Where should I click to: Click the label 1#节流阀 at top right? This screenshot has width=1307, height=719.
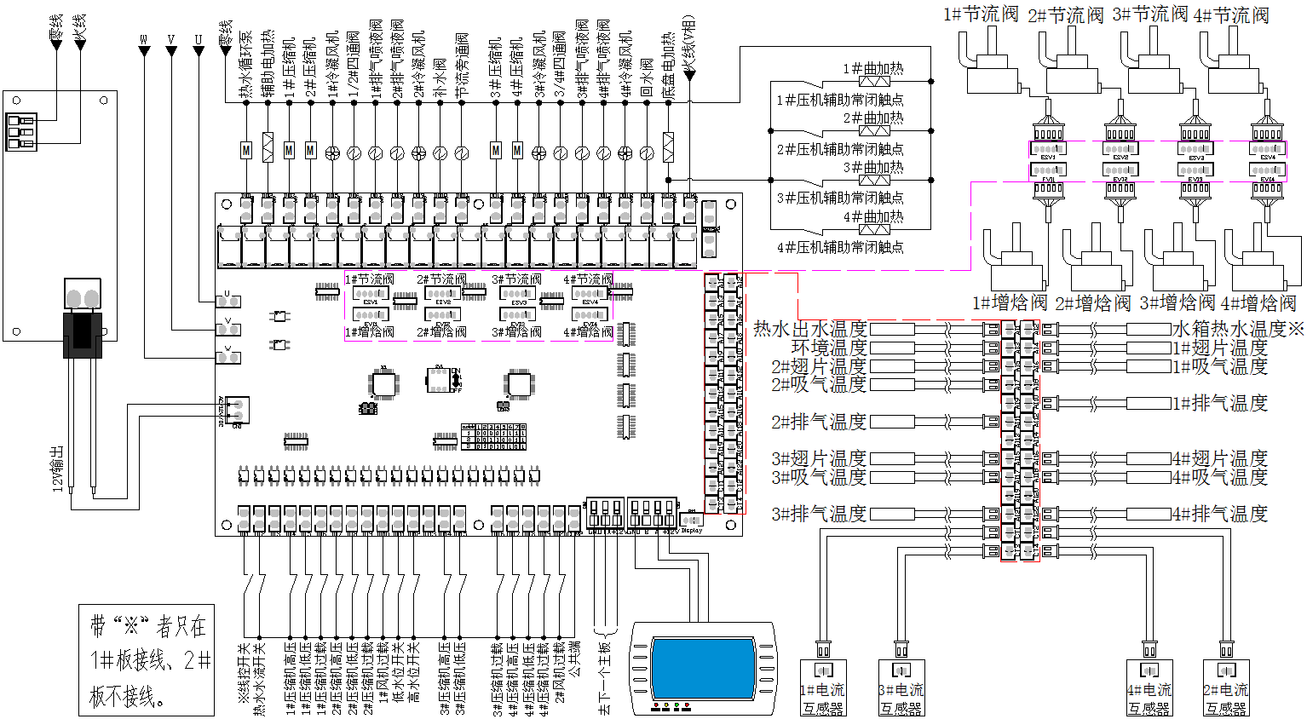point(981,14)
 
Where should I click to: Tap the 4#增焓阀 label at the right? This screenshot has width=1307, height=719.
point(1258,303)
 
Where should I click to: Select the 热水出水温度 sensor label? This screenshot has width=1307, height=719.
point(810,329)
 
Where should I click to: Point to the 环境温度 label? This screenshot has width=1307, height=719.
point(829,348)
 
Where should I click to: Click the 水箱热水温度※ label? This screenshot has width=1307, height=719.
point(1238,329)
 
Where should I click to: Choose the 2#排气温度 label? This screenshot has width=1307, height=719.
point(819,422)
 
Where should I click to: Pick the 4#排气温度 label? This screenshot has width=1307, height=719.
point(1220,514)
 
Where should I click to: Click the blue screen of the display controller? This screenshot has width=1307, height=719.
point(703,669)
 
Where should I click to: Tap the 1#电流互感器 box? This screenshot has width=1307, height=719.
point(823,688)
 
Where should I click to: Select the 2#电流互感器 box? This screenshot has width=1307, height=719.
point(1226,688)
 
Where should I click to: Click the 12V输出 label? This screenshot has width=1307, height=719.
point(58,468)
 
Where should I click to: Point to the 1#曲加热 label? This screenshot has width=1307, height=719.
point(873,69)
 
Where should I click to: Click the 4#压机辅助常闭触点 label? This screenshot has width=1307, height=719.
point(840,247)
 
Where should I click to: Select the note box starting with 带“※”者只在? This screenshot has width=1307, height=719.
point(147,660)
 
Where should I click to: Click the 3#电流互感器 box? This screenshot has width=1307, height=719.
point(901,688)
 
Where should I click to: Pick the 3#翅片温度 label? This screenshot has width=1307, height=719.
point(819,458)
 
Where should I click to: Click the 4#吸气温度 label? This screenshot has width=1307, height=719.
point(1220,477)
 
